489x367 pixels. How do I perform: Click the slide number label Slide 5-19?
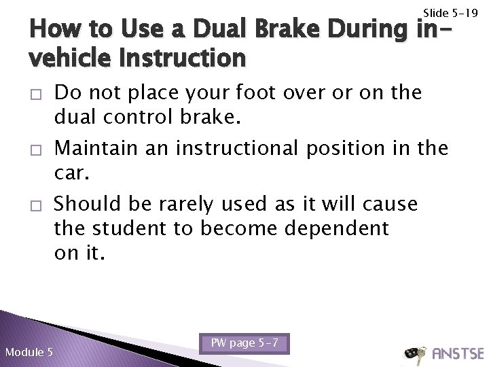click(450, 12)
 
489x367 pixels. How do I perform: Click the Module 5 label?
click(29, 352)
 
